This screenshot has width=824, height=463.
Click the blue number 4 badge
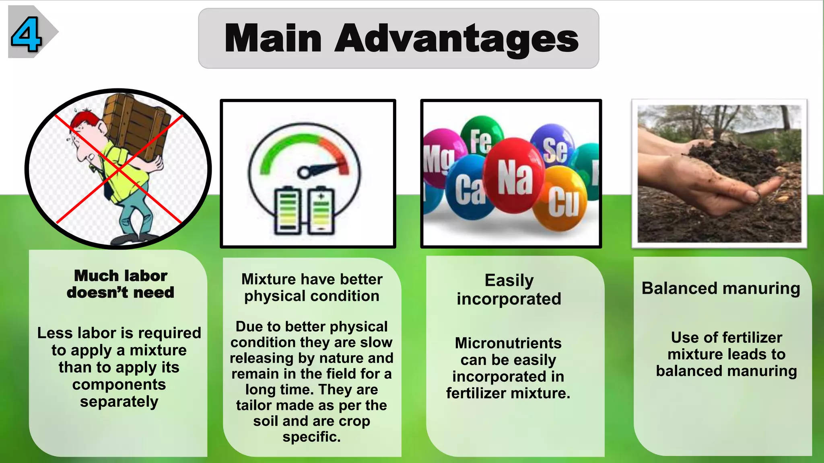26,34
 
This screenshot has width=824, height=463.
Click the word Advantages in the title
456,39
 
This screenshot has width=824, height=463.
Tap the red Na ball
514,175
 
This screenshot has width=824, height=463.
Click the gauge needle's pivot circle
303,173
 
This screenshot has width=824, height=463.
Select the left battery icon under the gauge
288,211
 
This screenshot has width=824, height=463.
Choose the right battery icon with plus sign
321,211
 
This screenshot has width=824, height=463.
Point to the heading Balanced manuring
721,289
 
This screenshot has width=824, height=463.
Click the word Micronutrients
508,343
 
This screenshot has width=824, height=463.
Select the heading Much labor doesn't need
121,284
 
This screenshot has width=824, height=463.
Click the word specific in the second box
311,437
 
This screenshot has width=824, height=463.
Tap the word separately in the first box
119,402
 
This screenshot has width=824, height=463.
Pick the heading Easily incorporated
509,289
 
